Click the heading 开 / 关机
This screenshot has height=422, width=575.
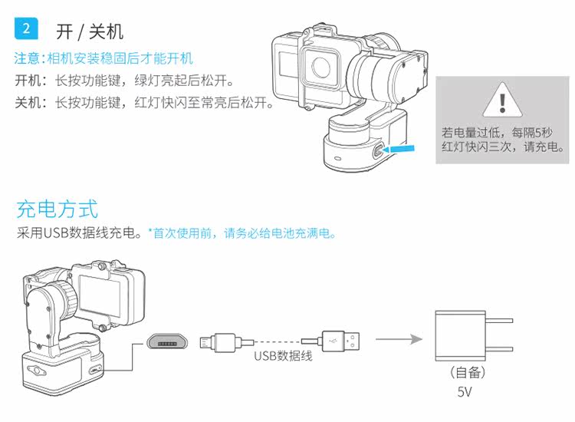[x=90, y=31]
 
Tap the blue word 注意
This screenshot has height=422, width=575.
[x=28, y=58]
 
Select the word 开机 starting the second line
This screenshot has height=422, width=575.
[x=27, y=81]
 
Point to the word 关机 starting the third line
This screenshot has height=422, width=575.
[x=27, y=103]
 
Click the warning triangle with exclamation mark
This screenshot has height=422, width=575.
[x=502, y=99]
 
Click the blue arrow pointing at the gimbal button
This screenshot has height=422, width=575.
[x=401, y=149]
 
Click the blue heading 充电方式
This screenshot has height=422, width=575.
[x=58, y=209]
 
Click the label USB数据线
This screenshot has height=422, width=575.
[x=283, y=356]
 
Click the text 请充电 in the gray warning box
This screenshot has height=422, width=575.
[x=542, y=145]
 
